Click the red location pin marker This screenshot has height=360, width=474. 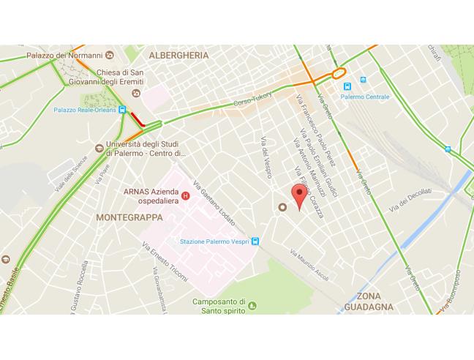298,196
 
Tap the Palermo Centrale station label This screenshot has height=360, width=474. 369,97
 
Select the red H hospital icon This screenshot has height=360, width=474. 185,195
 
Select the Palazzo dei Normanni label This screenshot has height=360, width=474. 64,55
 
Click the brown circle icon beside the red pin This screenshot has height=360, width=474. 282,207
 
